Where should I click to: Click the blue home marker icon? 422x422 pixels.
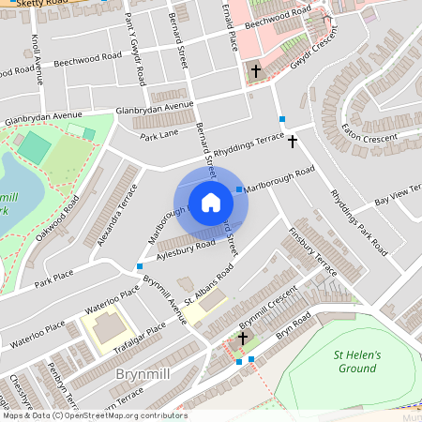coord(211,203)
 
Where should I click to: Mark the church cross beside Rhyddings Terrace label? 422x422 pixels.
coord(293,142)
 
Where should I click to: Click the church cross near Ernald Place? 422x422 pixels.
coord(254,71)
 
